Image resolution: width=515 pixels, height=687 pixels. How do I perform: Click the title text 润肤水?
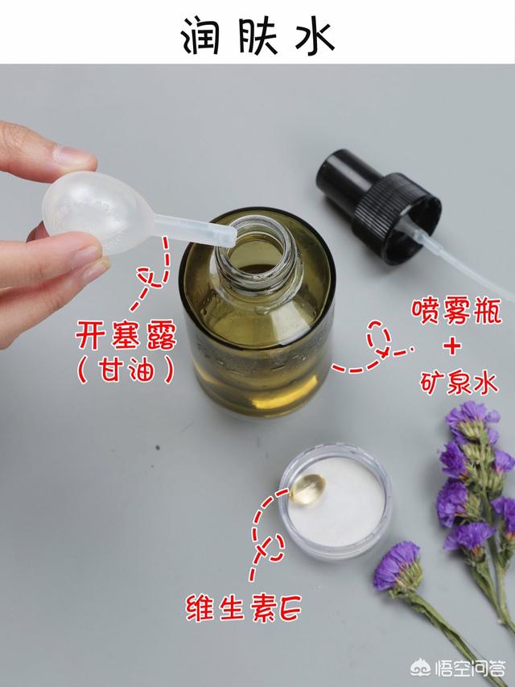click(x=257, y=35)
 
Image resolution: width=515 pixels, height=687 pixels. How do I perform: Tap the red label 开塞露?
click(x=126, y=335)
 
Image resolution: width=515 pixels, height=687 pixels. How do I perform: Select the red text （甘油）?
click(x=126, y=370)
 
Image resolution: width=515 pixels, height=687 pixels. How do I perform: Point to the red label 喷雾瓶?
click(x=456, y=311)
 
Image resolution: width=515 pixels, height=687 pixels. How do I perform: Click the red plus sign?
click(x=452, y=347)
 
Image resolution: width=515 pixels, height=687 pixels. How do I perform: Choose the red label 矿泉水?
click(x=459, y=383)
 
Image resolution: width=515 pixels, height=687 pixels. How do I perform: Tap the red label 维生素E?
click(x=244, y=608)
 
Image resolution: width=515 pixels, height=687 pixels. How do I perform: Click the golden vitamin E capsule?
click(x=307, y=489)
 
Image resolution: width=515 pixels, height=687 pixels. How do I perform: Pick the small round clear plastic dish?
click(x=336, y=502)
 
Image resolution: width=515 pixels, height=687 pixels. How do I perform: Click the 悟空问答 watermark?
click(x=458, y=668)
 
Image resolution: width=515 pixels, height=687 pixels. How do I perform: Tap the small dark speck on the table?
click(x=157, y=448)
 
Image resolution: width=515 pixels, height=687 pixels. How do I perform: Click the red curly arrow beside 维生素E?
click(x=266, y=534)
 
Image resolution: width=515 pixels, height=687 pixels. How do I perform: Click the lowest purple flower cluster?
click(x=398, y=565)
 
